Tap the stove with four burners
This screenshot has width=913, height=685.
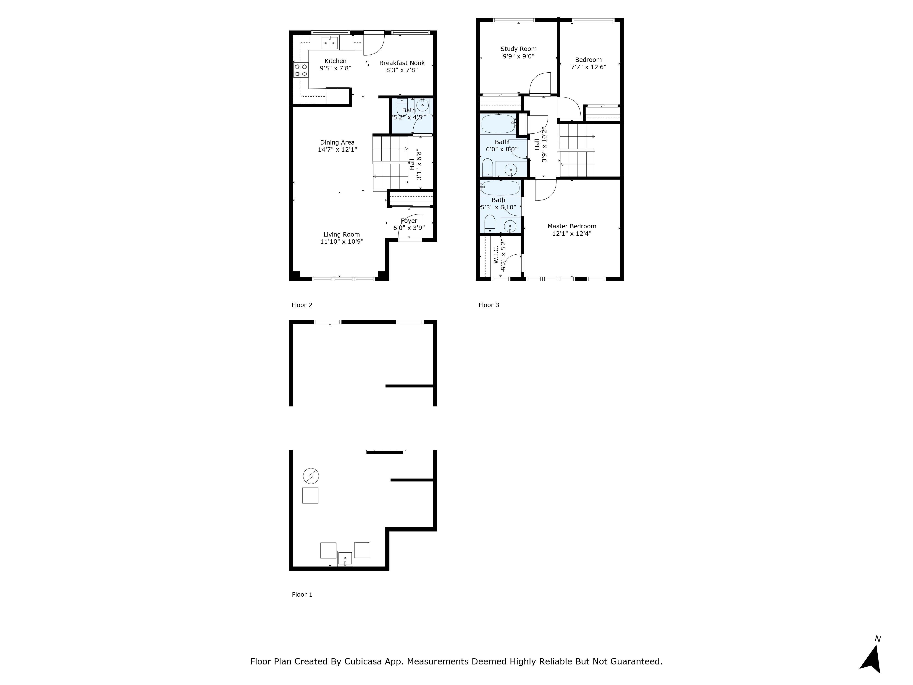[301, 70]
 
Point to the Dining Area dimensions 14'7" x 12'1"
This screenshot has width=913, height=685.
[337, 150]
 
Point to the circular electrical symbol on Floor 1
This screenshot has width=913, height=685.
[311, 476]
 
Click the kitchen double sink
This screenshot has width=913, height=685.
[330, 42]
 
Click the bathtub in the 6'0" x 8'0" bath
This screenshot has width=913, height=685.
[498, 124]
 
